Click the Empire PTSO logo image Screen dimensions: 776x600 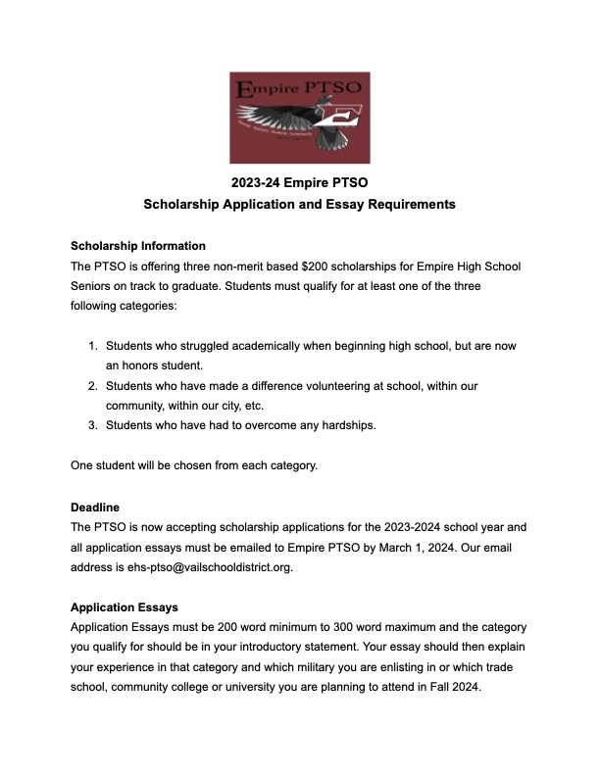click(x=299, y=117)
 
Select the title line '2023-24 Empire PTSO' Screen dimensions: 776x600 click(x=299, y=182)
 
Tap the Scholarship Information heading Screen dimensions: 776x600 click(x=138, y=245)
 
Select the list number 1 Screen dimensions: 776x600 click(x=92, y=347)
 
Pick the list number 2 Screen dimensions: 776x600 click(x=92, y=386)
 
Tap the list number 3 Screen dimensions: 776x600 click(x=92, y=424)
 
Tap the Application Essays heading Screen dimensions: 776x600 click(x=125, y=607)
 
